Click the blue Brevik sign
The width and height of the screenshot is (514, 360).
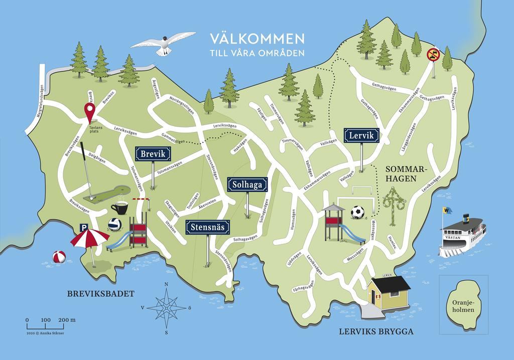pyautogui.click(x=153, y=154)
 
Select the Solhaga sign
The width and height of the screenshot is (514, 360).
pyautogui.click(x=247, y=184)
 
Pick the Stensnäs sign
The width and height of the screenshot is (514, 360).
pyautogui.click(x=208, y=227)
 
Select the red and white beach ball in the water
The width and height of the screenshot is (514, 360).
pyautogui.click(x=59, y=257)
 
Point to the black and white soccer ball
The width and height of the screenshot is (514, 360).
pyautogui.click(x=357, y=212)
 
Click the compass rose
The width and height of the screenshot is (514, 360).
pyautogui.click(x=166, y=307)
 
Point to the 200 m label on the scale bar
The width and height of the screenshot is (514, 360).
pyautogui.click(x=66, y=320)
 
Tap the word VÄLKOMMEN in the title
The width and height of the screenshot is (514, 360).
pyautogui.click(x=256, y=39)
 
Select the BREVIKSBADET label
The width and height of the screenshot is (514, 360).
pyautogui.click(x=101, y=294)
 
